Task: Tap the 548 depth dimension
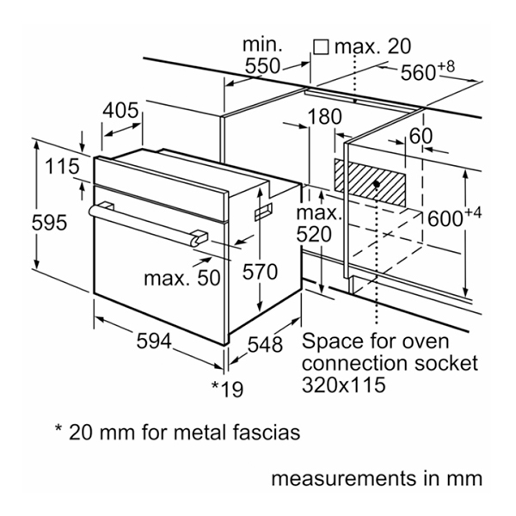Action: coord(265,344)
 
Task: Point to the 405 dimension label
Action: coord(121,111)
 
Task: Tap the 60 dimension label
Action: coord(420,136)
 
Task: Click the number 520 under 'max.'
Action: coord(314,234)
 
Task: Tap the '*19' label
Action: coord(227,389)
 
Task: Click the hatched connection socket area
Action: coord(376,182)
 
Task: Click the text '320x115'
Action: coord(342,384)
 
